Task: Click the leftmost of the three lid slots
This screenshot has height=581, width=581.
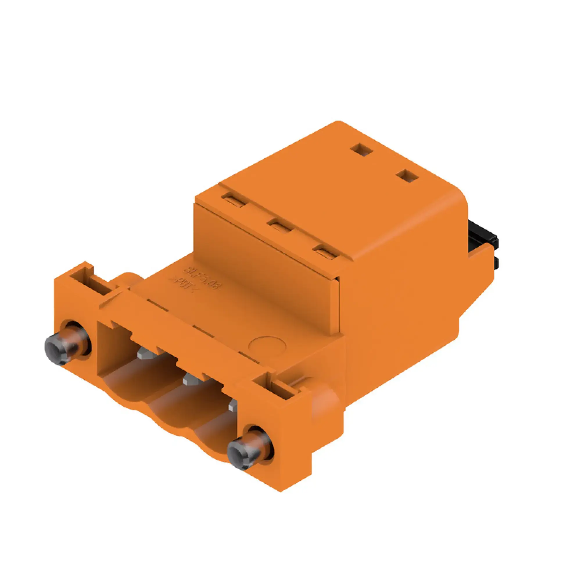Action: pos(234,199)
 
